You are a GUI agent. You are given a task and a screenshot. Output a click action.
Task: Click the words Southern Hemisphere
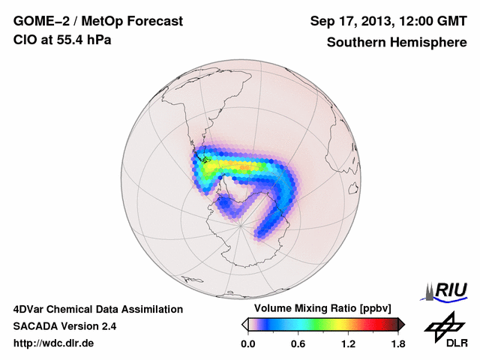[397, 43]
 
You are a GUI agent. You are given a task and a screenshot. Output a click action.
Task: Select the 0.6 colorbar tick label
[298, 343]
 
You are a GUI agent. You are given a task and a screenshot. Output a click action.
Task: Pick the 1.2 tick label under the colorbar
[348, 343]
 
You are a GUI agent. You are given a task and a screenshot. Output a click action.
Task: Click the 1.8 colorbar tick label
[398, 343]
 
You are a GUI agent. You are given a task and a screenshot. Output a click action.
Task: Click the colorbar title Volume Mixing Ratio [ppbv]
[319, 309]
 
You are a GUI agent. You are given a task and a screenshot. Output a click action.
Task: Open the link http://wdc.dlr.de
[54, 343]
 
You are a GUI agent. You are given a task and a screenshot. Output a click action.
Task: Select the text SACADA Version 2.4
[64, 326]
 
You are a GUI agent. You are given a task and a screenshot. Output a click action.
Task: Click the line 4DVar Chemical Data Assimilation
[97, 309]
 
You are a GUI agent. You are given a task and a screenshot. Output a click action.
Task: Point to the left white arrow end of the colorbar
[244, 324]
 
